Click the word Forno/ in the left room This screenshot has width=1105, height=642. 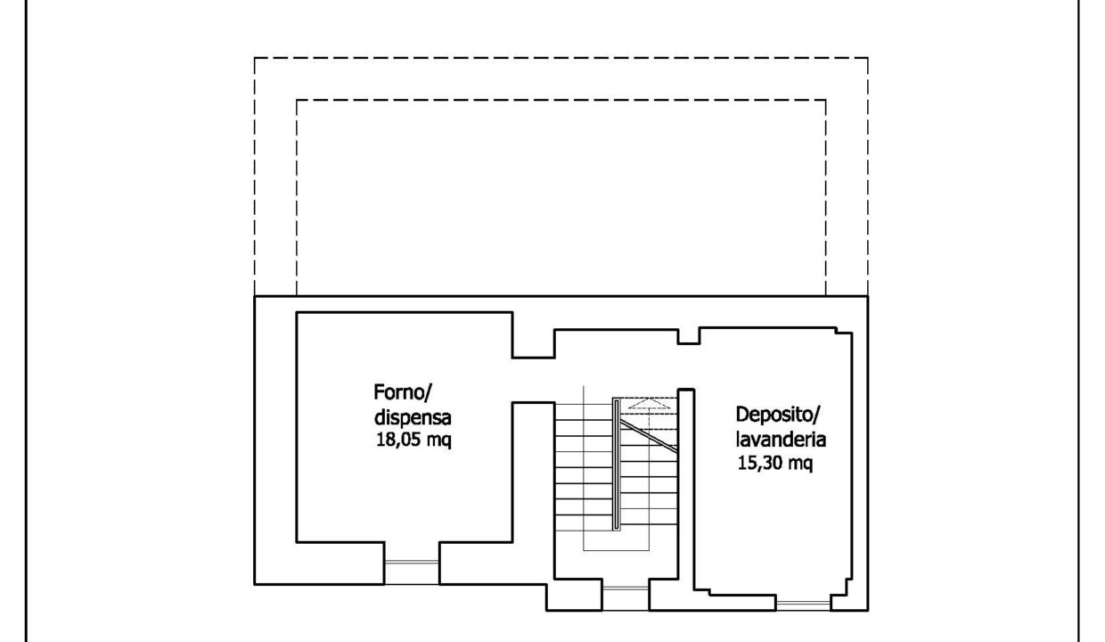click(403, 393)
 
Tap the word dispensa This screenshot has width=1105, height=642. click(413, 417)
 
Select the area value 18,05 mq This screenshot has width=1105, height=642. click(413, 440)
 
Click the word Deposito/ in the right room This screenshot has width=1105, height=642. click(777, 415)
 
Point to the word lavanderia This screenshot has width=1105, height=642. click(781, 440)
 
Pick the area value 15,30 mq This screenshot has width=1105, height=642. click(775, 464)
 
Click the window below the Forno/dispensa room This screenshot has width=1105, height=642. click(412, 573)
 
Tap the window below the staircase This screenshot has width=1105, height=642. click(626, 598)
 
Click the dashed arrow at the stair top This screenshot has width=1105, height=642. click(649, 404)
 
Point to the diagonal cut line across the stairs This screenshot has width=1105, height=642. click(648, 435)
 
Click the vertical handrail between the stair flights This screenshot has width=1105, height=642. click(616, 464)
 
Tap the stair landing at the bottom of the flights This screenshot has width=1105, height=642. click(616, 540)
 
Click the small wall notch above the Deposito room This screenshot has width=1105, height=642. click(689, 336)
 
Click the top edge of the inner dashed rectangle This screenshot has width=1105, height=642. click(561, 100)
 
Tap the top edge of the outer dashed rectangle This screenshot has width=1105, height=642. click(561, 58)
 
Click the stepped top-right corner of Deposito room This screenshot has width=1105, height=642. click(844, 331)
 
